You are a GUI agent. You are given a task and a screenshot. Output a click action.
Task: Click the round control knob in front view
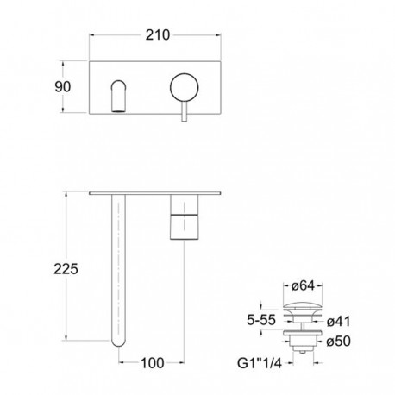(185, 88)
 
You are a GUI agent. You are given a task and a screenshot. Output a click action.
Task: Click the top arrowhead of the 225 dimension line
(65, 191)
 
